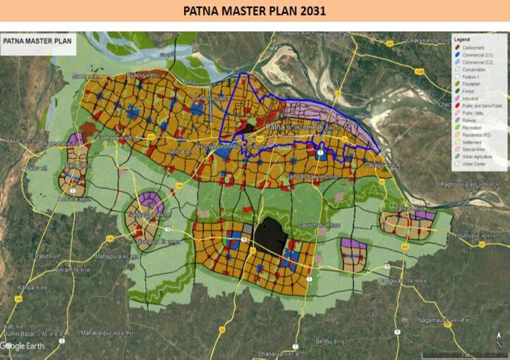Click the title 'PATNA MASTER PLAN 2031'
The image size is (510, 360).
(x=255, y=11)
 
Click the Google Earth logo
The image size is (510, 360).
(x=24, y=346)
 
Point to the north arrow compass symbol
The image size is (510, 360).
(x=499, y=342)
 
